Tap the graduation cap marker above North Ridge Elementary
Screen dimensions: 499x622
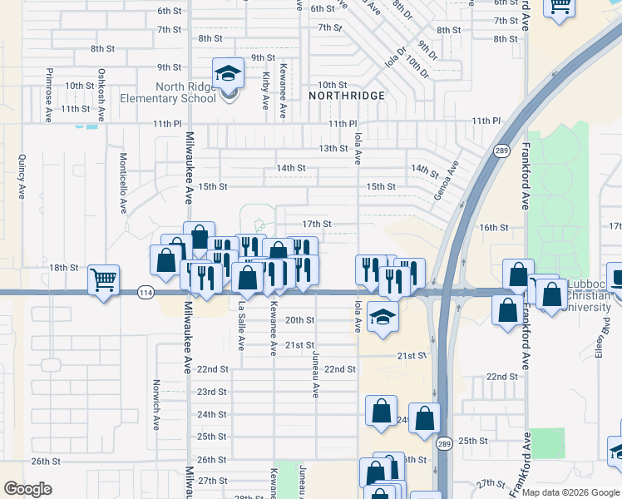pyautogui.click(x=228, y=73)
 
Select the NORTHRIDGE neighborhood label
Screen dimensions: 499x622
pyautogui.click(x=347, y=96)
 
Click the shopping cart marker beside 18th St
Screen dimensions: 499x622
pyautogui.click(x=103, y=280)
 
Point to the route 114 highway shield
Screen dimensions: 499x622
pyautogui.click(x=146, y=292)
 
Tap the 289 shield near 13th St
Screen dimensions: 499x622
pyautogui.click(x=501, y=151)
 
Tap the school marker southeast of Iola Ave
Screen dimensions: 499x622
pyautogui.click(x=383, y=317)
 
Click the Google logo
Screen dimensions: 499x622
pyautogui.click(x=27, y=489)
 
